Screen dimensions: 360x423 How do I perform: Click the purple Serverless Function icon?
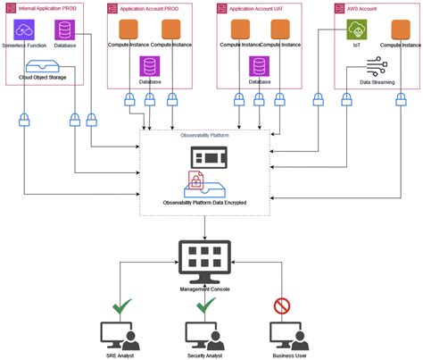25,29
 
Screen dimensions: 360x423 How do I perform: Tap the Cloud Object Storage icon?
45,66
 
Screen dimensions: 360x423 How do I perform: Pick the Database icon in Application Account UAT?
260,67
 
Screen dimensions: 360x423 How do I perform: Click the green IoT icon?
358,29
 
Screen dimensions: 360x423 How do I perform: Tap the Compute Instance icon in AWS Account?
399,29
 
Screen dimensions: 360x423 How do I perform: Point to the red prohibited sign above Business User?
281,307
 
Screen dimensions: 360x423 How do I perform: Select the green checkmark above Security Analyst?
206,306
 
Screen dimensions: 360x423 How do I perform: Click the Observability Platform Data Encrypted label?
204,203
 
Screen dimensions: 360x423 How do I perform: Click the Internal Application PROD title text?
46,8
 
